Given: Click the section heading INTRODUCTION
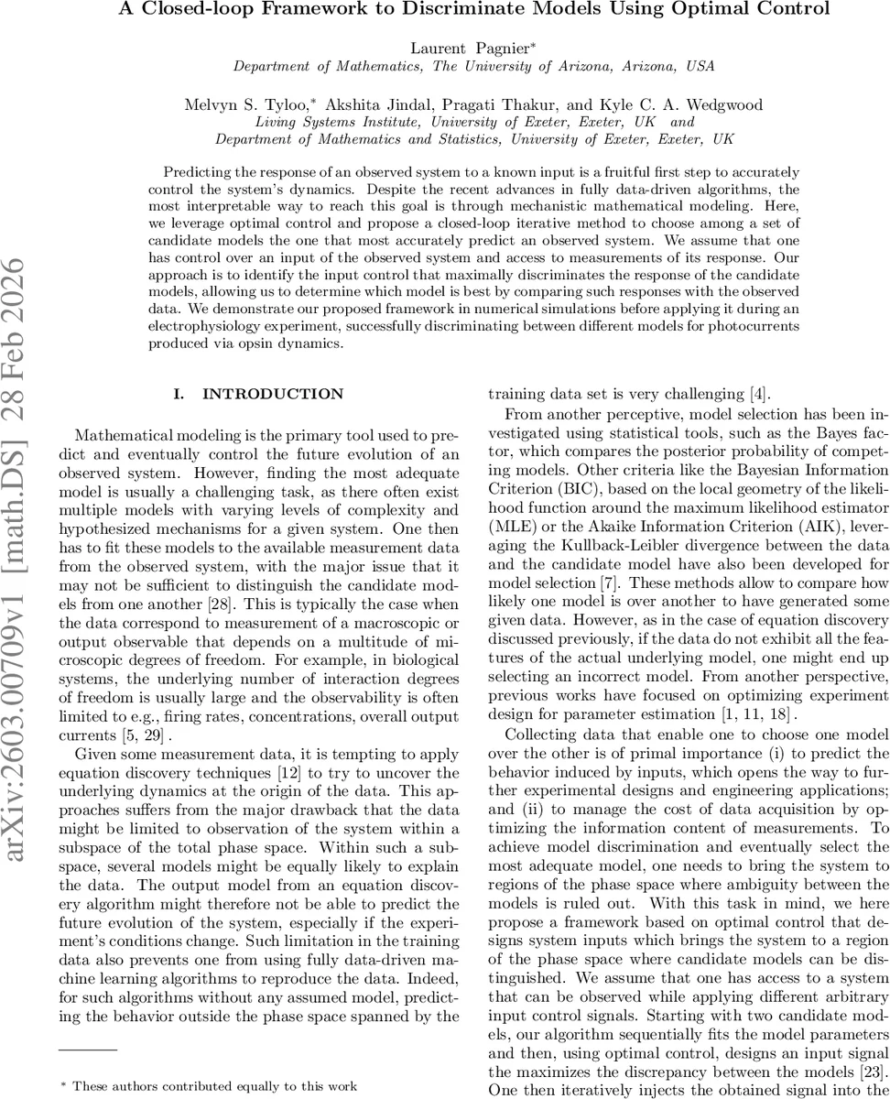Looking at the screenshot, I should (272, 394).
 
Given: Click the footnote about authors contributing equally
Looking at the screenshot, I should (213, 1086).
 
